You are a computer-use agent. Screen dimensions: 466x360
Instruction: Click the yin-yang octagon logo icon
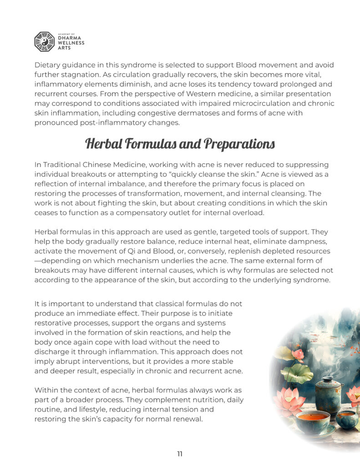[44, 41]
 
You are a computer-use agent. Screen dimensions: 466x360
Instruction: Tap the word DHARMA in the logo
[71, 38]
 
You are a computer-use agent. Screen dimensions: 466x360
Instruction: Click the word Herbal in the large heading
[106, 144]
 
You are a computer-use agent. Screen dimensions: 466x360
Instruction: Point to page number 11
[180, 454]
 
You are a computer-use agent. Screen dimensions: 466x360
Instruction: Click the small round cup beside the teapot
[347, 418]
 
